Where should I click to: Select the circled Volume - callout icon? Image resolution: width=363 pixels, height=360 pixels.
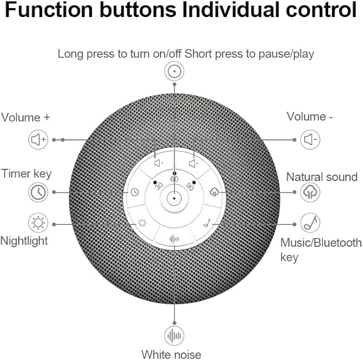pyautogui.click(x=311, y=140)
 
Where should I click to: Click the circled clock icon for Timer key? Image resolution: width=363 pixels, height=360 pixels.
pyautogui.click(x=38, y=192)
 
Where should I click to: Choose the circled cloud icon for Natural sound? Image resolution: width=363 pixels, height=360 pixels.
pyautogui.click(x=311, y=192)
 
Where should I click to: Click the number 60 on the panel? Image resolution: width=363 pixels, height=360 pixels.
pyautogui.click(x=174, y=179)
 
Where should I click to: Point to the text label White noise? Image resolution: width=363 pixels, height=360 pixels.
pyautogui.click(x=171, y=354)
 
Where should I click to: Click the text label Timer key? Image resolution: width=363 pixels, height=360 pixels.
pyautogui.click(x=26, y=173)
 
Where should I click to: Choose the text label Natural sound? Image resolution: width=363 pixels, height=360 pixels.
pyautogui.click(x=322, y=176)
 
